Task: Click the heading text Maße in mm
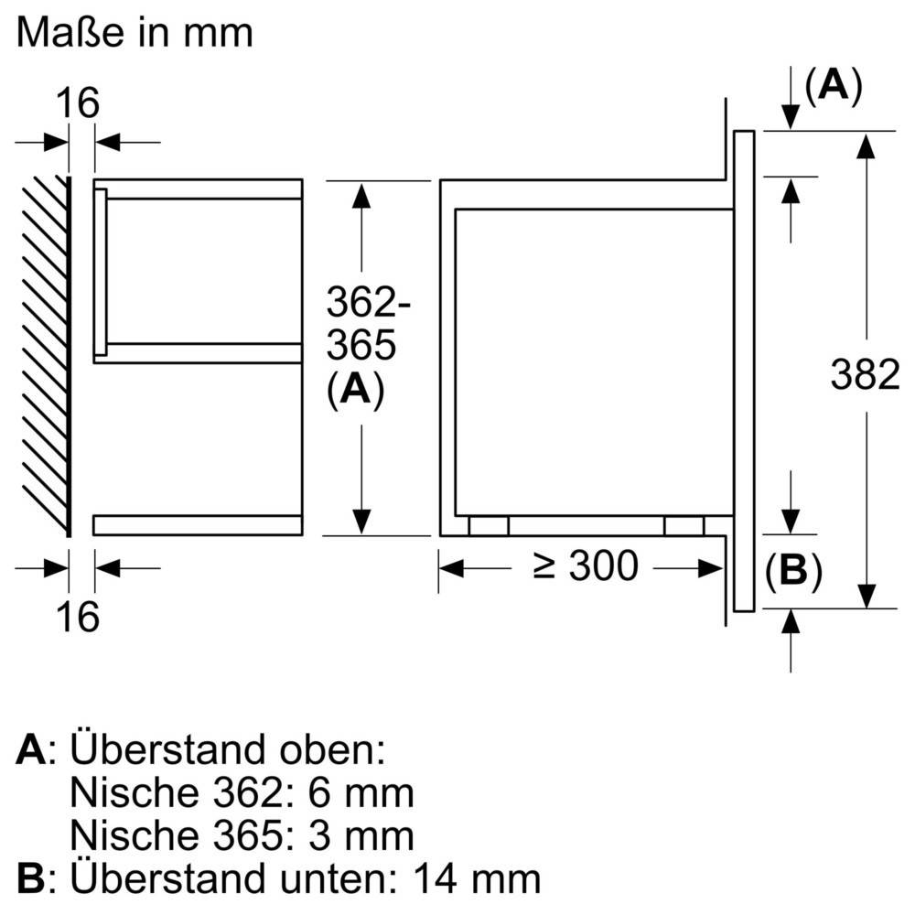134,35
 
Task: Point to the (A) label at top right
832,86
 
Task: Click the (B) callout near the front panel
793,571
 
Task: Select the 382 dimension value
865,374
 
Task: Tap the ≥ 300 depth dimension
586,566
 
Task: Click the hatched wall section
46,357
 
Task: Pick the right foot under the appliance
684,526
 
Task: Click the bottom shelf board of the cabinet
197,525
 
